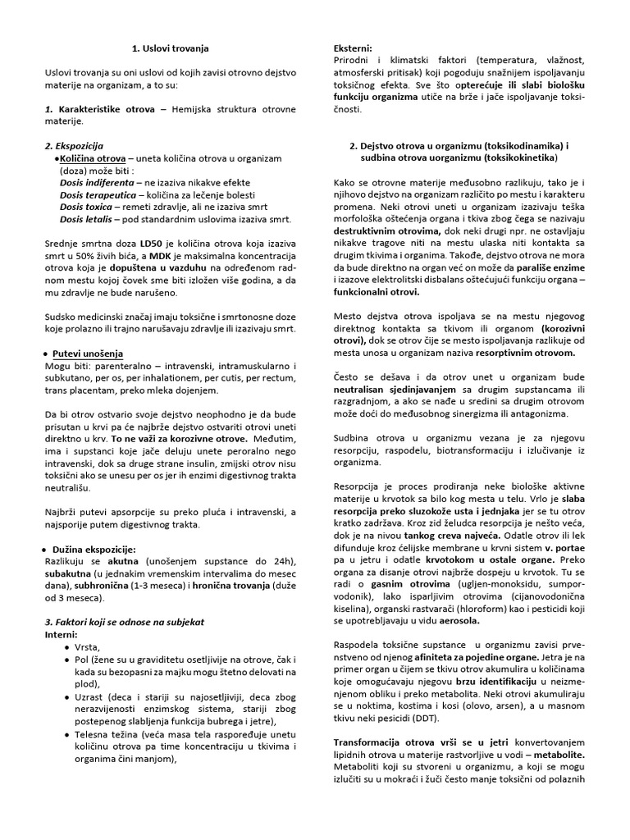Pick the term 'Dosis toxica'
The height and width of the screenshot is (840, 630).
click(x=87, y=208)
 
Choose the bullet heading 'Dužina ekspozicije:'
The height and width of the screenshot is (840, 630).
click(x=94, y=548)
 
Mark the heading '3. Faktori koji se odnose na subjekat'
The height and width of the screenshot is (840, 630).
click(x=125, y=622)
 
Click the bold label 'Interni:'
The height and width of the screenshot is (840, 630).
click(x=63, y=635)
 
